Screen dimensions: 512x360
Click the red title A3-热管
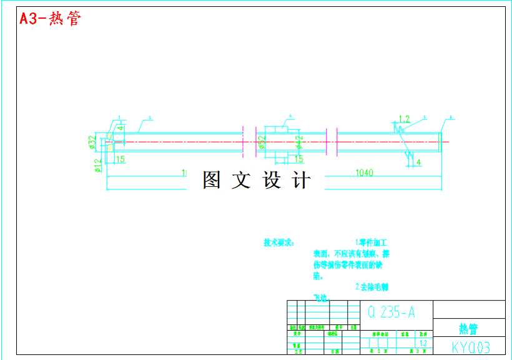(x=50, y=18)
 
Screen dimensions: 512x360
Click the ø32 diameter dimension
(x=92, y=142)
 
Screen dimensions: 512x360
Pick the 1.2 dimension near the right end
(x=403, y=119)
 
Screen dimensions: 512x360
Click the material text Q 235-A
(x=391, y=311)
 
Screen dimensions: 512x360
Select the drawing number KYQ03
(x=470, y=347)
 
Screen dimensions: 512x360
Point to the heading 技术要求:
(x=279, y=242)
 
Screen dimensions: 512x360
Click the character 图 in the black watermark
(x=212, y=181)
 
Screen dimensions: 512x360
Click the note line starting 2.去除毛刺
(x=372, y=287)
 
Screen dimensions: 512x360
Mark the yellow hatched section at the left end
(x=110, y=138)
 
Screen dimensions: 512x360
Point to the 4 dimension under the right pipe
(x=418, y=162)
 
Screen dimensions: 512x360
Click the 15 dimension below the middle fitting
(x=298, y=159)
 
